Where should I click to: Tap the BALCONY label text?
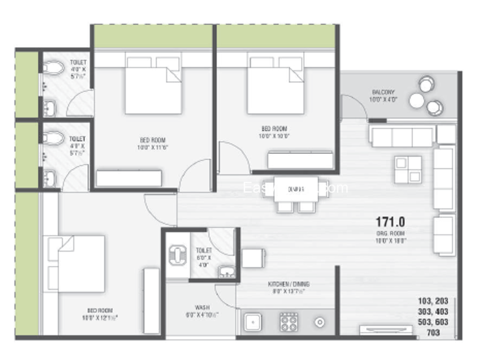[x=383, y=93]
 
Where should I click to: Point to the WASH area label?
[x=202, y=307]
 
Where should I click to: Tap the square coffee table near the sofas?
[x=408, y=169]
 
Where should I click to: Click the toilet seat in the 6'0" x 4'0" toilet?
[x=178, y=255]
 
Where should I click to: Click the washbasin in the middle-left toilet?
[x=49, y=178]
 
